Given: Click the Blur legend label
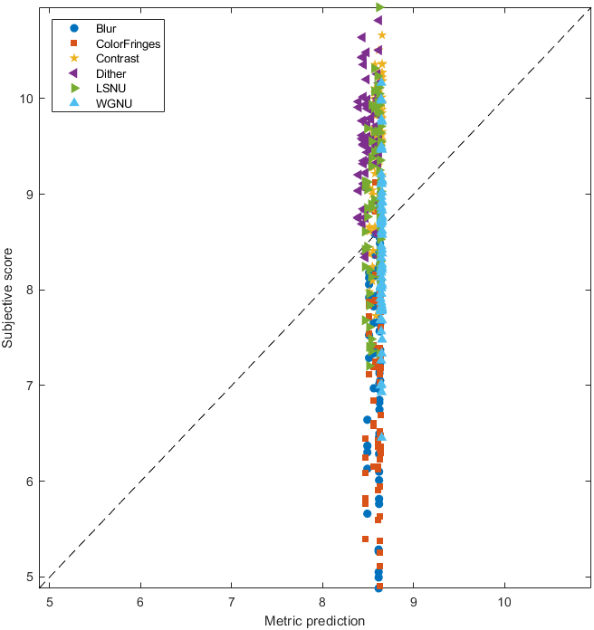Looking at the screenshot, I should coord(106,28).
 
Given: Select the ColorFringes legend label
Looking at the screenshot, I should coord(128,43).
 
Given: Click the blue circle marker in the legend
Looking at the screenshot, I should coord(74,28).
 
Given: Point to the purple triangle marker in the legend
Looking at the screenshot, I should coord(74,73).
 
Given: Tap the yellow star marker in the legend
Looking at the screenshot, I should coord(74,59).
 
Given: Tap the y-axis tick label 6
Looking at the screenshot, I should coord(33,482).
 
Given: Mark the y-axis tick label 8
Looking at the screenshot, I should coord(33,290).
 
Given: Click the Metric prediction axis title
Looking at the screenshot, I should coord(314,621).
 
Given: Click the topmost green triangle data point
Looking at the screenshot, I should coord(380,7).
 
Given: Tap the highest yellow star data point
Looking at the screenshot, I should coord(382,35).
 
